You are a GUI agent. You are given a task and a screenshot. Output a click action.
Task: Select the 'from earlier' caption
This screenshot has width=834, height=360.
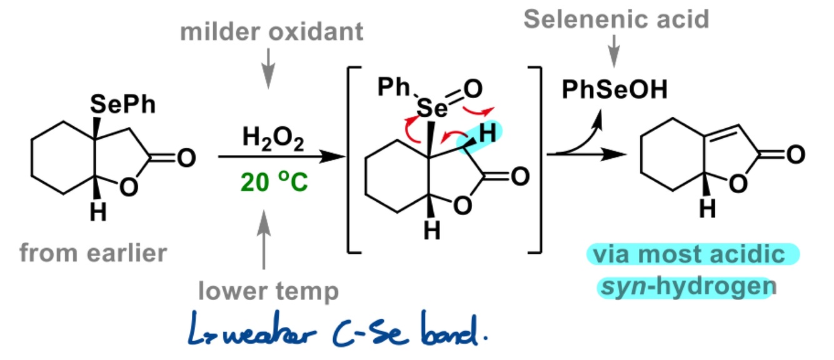pos(94,252)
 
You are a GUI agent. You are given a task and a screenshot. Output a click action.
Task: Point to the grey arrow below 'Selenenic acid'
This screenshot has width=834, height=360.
pos(615,49)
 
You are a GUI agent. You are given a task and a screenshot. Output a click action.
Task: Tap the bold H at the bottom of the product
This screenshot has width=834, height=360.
pos(707,210)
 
